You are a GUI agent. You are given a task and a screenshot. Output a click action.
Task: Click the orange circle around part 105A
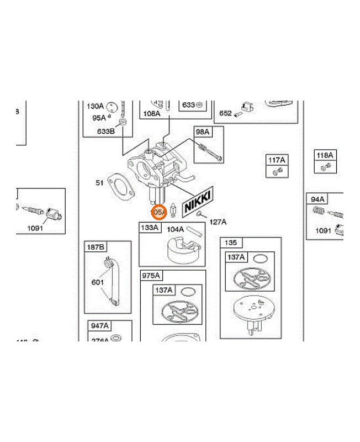(x=158, y=212)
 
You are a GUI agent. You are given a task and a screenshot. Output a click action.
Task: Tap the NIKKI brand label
(x=197, y=201)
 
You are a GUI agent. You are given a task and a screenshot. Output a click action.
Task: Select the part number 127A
(x=218, y=222)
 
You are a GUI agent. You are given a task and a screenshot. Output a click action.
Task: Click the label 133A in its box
(x=150, y=228)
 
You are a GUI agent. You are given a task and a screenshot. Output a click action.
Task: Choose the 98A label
(x=203, y=131)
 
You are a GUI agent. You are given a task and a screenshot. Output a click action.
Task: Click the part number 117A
(x=276, y=160)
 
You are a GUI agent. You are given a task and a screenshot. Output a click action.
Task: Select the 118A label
(x=324, y=156)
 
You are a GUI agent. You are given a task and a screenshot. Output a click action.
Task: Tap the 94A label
(x=317, y=199)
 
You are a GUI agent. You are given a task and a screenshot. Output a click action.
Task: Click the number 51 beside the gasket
(x=100, y=182)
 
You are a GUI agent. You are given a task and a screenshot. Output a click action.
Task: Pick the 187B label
(x=94, y=246)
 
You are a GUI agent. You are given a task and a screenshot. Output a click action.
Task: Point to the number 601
(x=97, y=282)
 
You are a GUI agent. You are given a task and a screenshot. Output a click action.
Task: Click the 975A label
(x=151, y=275)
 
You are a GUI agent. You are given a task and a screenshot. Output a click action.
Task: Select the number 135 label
(x=231, y=243)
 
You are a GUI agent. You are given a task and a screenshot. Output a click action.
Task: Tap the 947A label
(x=99, y=326)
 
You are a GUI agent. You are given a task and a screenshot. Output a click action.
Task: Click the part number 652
(x=225, y=113)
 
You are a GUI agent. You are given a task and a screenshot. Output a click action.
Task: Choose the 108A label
(x=151, y=114)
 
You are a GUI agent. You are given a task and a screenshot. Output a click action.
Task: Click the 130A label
(x=95, y=106)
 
